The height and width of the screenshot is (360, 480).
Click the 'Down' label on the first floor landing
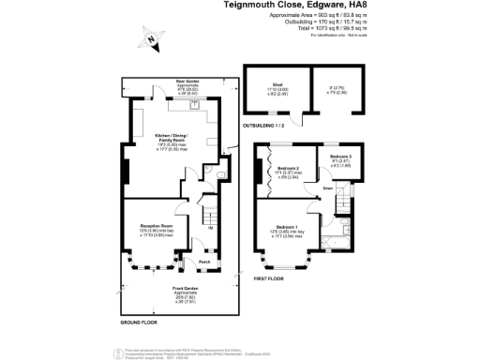tap(327, 188)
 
